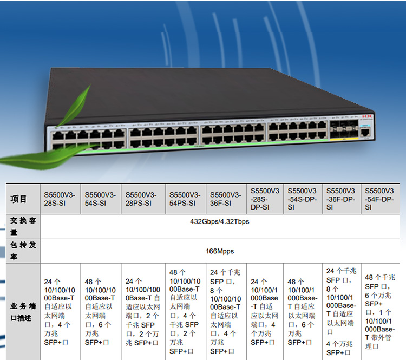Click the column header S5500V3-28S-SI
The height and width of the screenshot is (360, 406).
[60, 199]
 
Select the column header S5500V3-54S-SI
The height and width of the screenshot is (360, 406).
[100, 199]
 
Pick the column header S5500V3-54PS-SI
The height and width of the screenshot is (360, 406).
[185, 199]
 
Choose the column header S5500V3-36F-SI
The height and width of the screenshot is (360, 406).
[225, 199]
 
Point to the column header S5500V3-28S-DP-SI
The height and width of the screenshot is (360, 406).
[265, 199]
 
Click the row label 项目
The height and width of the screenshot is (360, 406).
[19, 199]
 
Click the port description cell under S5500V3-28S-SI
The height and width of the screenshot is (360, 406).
[60, 311]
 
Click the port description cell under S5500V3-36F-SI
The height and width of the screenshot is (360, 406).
[225, 311]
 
